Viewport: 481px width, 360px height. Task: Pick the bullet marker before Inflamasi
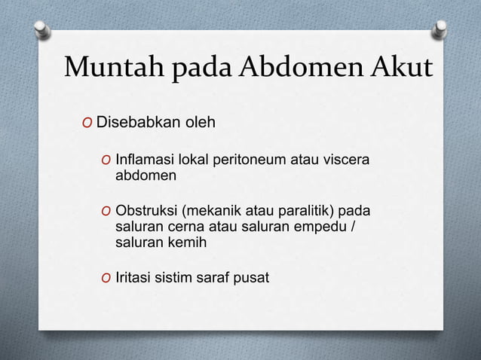(106, 162)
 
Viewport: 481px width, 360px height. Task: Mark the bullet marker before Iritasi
(106, 278)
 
